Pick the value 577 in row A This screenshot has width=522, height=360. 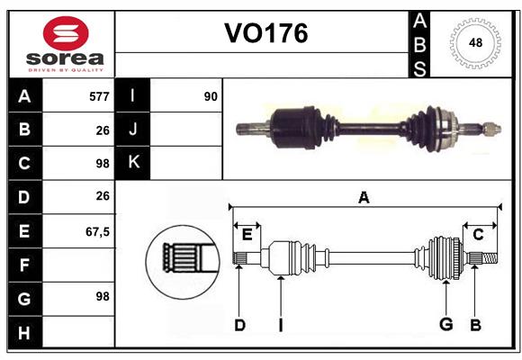(x=99, y=95)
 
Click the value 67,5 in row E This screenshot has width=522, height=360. (x=97, y=231)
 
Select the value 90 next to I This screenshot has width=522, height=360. (x=211, y=95)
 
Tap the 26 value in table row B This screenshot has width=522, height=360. (x=102, y=130)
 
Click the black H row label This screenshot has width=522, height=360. (x=24, y=334)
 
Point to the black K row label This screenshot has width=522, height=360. (x=133, y=163)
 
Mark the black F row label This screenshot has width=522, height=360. (x=24, y=265)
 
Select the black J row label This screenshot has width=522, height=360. (x=133, y=130)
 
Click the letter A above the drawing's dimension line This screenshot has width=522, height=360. (x=364, y=198)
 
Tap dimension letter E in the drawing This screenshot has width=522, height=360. (x=247, y=234)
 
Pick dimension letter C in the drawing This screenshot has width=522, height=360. (x=478, y=234)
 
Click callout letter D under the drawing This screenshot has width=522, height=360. (x=239, y=325)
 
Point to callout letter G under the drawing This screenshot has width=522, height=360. (x=445, y=325)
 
